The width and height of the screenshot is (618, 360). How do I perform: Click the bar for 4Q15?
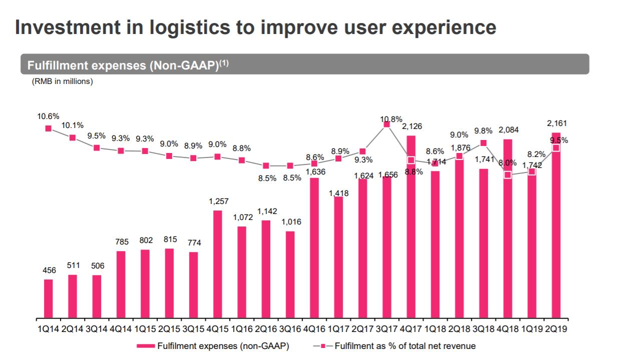[x=218, y=264]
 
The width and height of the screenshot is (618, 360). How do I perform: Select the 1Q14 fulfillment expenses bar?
[x=49, y=298]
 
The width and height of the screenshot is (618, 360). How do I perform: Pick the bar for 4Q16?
[x=314, y=247]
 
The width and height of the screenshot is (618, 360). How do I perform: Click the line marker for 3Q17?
[x=386, y=124]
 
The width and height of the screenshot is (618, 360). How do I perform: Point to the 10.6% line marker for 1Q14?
[x=49, y=128]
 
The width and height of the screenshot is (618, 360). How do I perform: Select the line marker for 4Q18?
[x=507, y=175]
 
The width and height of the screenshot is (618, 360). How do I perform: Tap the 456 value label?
[x=49, y=270]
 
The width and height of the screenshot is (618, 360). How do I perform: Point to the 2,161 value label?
[x=556, y=123]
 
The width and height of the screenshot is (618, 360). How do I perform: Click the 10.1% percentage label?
[x=73, y=125]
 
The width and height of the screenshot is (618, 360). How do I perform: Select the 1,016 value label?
[x=291, y=222]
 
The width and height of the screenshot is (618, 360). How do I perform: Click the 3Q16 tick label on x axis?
[x=290, y=329]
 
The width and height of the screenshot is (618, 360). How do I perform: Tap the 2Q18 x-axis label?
[x=459, y=329]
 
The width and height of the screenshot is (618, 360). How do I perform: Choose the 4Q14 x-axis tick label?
[x=121, y=329]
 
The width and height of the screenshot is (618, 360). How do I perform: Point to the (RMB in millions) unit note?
[x=62, y=81]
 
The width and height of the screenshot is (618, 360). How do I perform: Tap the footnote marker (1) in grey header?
[x=222, y=63]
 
